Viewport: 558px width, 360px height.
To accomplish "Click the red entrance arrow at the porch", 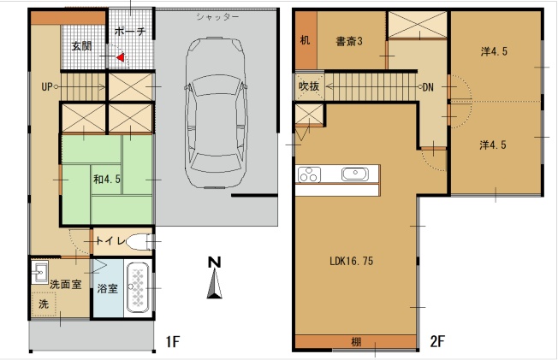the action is (121, 57).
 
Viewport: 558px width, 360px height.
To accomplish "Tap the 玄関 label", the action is (81, 46).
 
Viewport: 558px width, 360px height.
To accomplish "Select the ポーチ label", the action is (130, 32).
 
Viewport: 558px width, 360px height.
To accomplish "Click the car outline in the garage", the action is (216, 112).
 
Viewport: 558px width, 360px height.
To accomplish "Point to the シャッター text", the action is (217, 17).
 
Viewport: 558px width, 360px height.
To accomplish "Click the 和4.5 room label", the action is (107, 179).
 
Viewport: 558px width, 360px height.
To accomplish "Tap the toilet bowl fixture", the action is (139, 242).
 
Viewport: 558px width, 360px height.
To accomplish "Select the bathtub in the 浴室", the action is (138, 288).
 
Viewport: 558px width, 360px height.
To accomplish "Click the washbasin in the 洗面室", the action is (39, 273).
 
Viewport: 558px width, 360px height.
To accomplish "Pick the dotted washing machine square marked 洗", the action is (44, 304).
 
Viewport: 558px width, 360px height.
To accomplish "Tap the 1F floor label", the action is (173, 342).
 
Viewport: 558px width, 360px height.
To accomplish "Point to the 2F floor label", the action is (437, 341).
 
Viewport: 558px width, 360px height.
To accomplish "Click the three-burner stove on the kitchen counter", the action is (309, 174).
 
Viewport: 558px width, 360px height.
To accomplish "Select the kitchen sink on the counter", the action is (355, 174).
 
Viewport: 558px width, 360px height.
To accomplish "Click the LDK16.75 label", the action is (351, 261).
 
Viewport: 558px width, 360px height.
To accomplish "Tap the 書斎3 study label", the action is (349, 42).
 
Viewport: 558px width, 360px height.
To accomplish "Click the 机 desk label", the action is (305, 40).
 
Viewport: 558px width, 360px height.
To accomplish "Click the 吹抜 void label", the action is (309, 86).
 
